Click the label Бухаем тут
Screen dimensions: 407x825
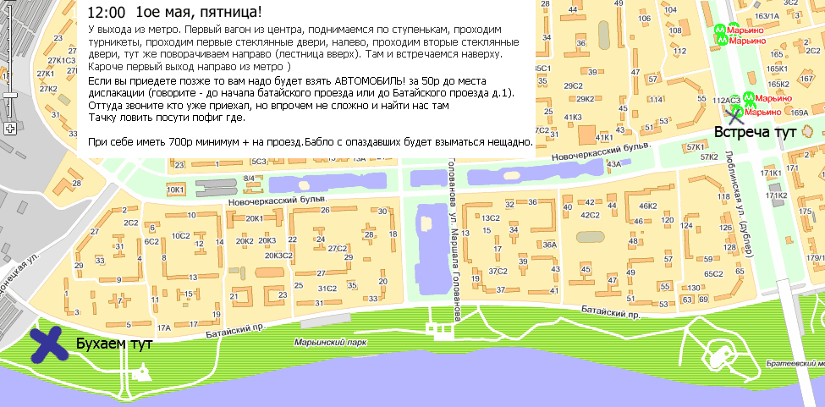[x=114, y=344]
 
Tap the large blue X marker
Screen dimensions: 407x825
[x=51, y=343]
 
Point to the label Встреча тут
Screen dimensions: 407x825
[x=755, y=132]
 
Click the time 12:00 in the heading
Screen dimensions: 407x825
[x=107, y=14]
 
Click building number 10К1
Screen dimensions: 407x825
[x=176, y=190]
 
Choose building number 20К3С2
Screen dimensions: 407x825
[x=278, y=255]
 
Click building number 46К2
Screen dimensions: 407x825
[x=648, y=206]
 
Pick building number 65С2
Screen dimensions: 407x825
[x=714, y=273]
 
